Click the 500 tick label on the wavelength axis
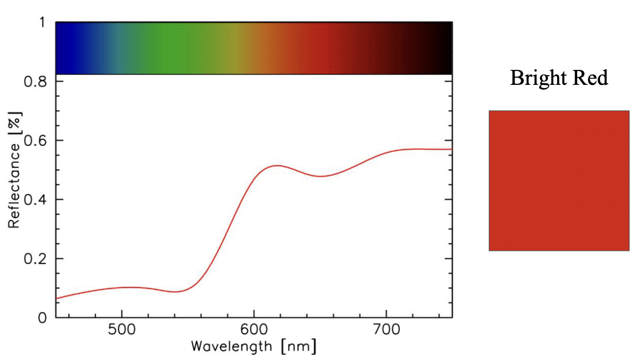121,330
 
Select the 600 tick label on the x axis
254,330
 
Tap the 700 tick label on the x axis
386,330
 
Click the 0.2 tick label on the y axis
37,259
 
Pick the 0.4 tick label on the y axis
37,200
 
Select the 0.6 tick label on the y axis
37,140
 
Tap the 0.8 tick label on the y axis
37,81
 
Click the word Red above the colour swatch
591,78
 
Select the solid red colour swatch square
559,181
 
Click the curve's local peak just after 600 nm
277,166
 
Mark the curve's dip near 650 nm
321,176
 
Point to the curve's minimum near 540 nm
175,292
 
